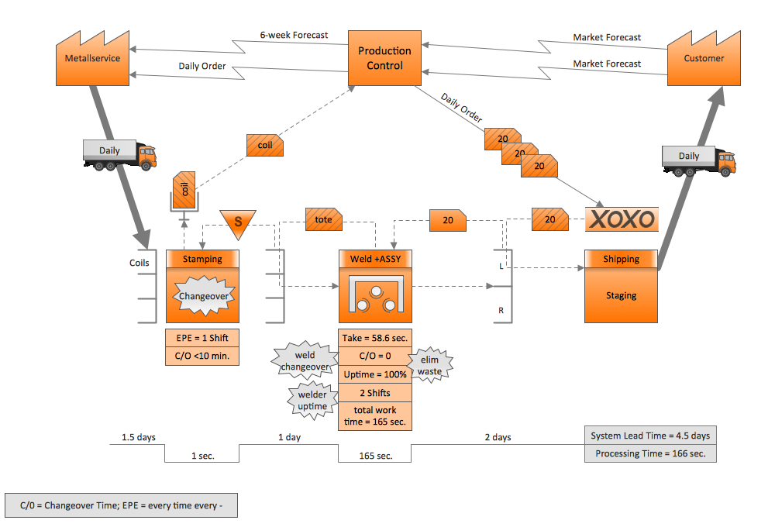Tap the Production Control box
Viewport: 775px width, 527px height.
coord(384,59)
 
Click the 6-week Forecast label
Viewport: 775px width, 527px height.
coord(294,35)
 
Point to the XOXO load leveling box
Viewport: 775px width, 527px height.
coord(622,219)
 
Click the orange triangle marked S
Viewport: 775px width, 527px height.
coord(239,222)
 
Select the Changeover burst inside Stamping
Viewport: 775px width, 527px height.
coord(201,295)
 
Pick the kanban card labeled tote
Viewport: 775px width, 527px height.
coord(324,219)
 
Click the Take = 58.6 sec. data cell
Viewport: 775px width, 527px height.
coord(375,339)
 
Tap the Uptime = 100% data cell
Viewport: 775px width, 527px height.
coord(375,374)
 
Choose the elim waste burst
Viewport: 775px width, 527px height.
coord(429,366)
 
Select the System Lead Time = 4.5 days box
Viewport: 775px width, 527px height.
coord(649,436)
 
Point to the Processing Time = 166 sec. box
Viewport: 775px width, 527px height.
coord(649,453)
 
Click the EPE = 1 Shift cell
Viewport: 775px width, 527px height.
coord(201,339)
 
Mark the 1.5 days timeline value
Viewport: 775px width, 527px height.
coord(138,437)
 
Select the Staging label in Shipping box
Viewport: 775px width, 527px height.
coord(621,295)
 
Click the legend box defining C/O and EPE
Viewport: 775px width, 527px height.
coord(121,506)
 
